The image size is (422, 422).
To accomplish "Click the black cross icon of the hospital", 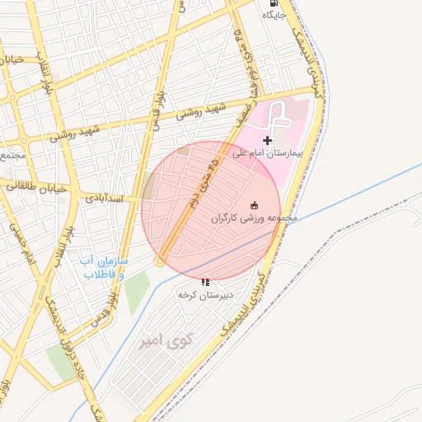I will (267, 141).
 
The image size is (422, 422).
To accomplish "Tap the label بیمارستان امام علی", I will (266, 153).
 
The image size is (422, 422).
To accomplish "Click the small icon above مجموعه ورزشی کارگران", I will (254, 205).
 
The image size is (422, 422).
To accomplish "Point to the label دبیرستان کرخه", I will (205, 294).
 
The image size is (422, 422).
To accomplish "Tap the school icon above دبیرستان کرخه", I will (205, 282).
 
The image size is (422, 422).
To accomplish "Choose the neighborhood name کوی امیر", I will (165, 340).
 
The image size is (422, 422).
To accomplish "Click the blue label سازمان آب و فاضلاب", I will (102, 267).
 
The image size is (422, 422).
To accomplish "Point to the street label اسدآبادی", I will (102, 199).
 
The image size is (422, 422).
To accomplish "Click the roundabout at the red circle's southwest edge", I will (159, 261).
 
